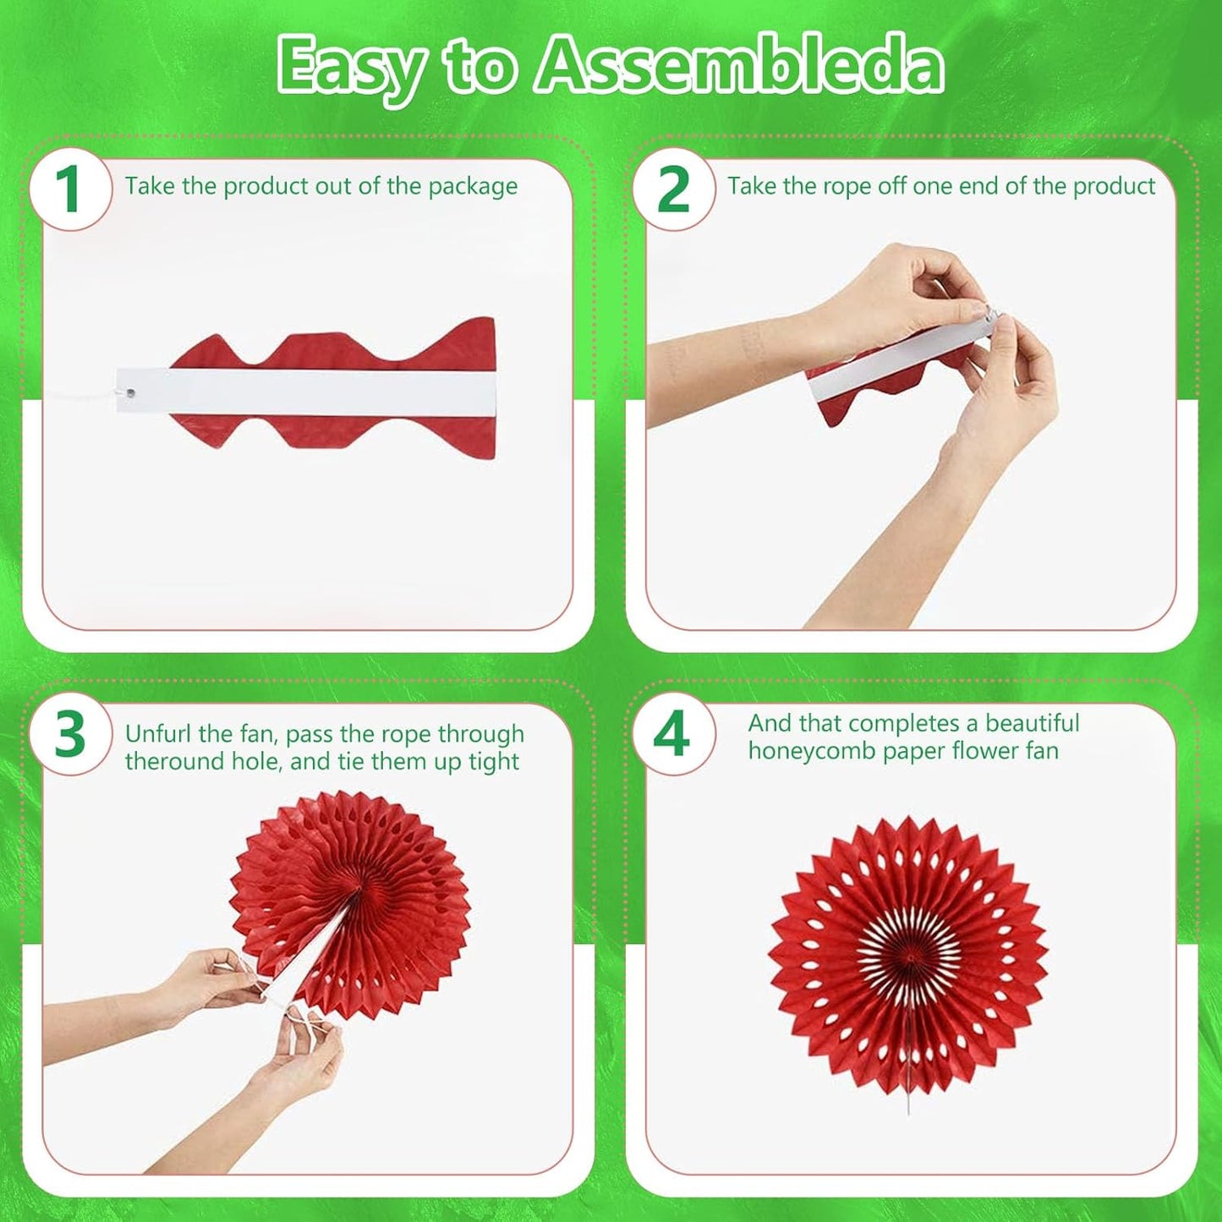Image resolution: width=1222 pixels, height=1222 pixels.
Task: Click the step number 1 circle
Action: coord(70,189)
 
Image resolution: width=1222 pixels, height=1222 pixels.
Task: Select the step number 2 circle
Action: coord(673,189)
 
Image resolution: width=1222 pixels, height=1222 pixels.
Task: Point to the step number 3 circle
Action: coord(70,735)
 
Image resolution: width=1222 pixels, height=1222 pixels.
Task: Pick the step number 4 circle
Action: coord(673,735)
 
